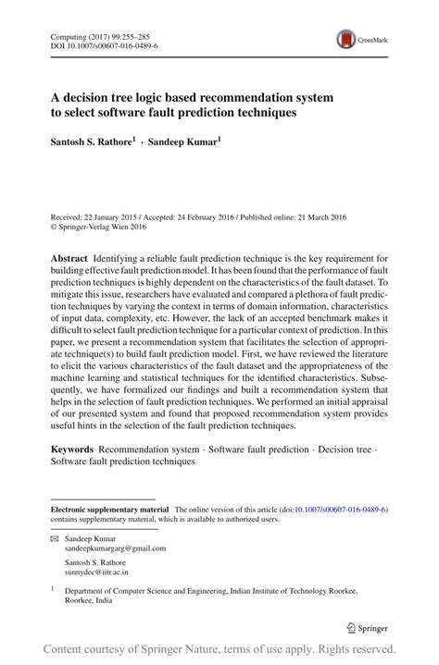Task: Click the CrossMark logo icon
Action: click(347, 39)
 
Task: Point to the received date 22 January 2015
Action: click(107, 216)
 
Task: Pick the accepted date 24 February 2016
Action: click(199, 216)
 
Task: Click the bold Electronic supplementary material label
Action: click(109, 510)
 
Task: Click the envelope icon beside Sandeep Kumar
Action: click(54, 537)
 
